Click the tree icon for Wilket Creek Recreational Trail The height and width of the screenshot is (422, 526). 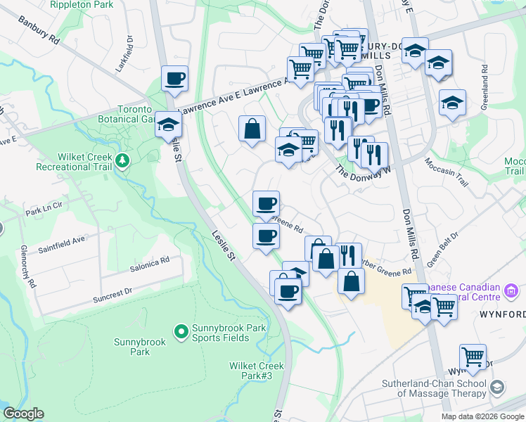(x=123, y=161)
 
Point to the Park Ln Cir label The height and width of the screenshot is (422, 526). (x=44, y=211)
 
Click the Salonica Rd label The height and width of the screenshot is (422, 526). (x=149, y=264)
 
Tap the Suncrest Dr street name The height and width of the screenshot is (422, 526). (x=113, y=295)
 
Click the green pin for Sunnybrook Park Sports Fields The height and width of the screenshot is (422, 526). (x=181, y=330)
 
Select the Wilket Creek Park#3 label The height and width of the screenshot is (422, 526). (x=256, y=371)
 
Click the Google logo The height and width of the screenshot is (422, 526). (x=23, y=414)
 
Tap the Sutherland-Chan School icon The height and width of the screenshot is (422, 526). (x=497, y=388)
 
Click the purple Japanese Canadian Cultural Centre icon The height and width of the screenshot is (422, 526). (x=511, y=290)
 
